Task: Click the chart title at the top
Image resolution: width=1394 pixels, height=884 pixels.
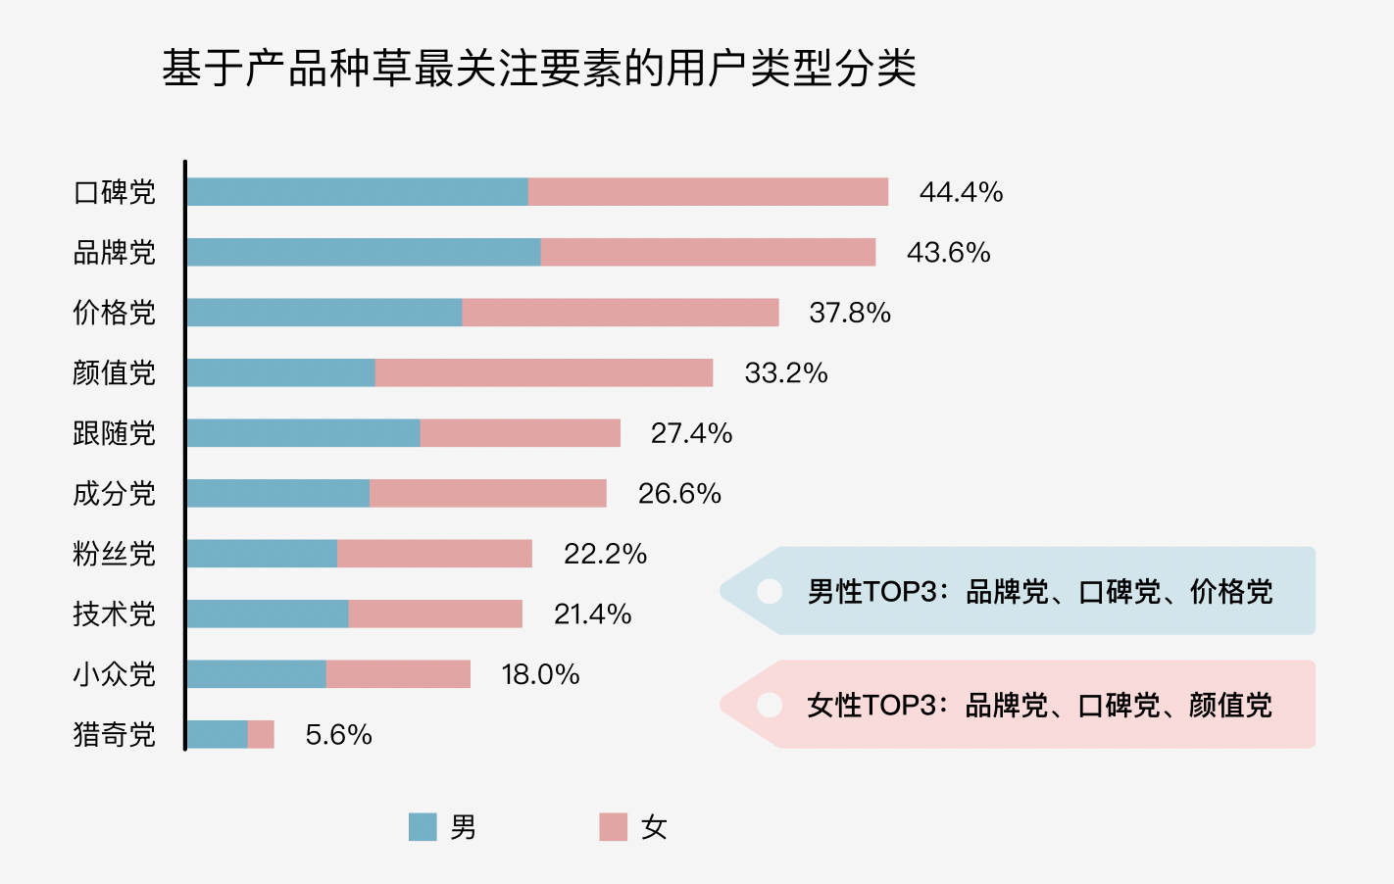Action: point(539,69)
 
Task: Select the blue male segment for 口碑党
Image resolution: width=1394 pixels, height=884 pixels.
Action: point(357,192)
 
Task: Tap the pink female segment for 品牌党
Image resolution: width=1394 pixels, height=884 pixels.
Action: point(708,252)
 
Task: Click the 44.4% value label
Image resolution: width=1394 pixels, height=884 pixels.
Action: point(961,192)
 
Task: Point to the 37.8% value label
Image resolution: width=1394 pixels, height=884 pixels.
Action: point(850,313)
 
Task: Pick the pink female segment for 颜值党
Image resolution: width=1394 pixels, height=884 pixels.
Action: point(544,372)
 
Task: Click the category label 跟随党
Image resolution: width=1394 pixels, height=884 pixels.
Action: point(115,433)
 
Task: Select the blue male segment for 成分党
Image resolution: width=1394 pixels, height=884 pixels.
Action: point(278,493)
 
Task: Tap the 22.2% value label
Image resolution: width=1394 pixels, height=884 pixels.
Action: point(605,554)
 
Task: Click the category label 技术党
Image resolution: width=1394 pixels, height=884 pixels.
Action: point(115,614)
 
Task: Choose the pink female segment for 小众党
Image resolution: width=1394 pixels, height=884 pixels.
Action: point(398,674)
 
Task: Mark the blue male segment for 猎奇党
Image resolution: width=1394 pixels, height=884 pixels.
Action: point(217,734)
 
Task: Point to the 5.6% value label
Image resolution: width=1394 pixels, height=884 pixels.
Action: point(338,735)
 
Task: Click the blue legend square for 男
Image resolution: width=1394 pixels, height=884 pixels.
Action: point(423,827)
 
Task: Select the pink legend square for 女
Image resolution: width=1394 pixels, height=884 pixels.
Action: point(613,827)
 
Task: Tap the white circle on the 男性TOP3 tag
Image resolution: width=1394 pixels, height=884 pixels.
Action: point(770,591)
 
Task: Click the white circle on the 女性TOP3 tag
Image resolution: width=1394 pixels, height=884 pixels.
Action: point(770,705)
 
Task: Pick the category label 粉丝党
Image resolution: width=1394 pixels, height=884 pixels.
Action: point(115,554)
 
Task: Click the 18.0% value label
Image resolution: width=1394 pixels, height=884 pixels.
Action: point(540,674)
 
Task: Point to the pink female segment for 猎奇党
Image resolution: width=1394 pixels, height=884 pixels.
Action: point(261,734)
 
